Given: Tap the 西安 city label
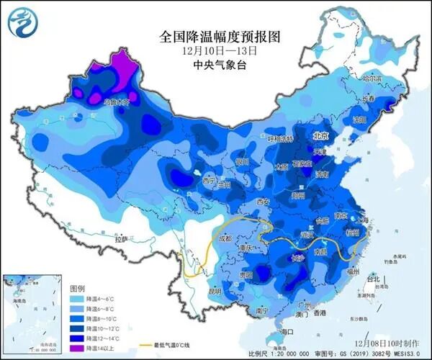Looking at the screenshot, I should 261,202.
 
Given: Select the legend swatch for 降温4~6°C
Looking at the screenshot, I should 76,298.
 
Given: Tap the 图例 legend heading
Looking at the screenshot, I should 78,286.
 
